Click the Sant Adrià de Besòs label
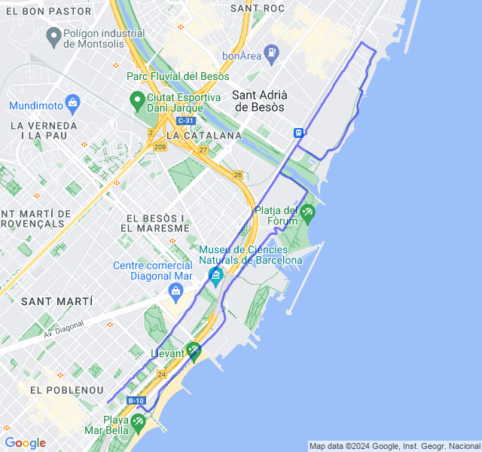click(x=259, y=101)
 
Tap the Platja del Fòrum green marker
click(x=307, y=214)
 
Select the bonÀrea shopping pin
click(x=271, y=52)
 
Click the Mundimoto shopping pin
click(x=72, y=102)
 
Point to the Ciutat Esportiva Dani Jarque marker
click(x=137, y=99)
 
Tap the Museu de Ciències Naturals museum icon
click(x=216, y=275)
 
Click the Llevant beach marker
click(x=194, y=350)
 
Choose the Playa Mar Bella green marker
click(x=137, y=423)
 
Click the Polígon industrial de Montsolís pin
click(x=53, y=35)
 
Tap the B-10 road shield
click(x=136, y=401)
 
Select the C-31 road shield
click(x=185, y=121)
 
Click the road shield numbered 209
click(x=160, y=147)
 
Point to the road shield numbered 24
click(x=161, y=374)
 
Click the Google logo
click(x=25, y=443)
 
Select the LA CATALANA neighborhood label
click(x=204, y=136)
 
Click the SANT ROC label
click(x=258, y=8)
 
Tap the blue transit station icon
click(x=299, y=132)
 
